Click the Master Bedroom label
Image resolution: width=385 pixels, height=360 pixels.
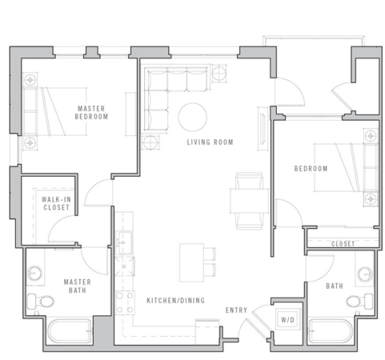click(x=91, y=113)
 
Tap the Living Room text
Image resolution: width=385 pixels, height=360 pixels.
click(x=210, y=142)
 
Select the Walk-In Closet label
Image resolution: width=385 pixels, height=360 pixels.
click(x=56, y=203)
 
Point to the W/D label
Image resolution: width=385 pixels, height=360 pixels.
click(x=288, y=319)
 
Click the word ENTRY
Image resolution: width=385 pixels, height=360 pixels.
click(x=236, y=310)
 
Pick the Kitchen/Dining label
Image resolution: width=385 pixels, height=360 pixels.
click(x=176, y=301)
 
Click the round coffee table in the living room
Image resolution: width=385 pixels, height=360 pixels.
click(x=192, y=117)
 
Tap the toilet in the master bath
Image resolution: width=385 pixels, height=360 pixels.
click(x=41, y=302)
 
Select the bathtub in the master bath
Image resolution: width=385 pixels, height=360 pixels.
click(x=70, y=331)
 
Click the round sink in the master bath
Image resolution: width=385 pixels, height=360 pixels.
click(x=34, y=273)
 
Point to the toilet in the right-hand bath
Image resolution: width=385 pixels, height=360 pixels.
click(x=359, y=302)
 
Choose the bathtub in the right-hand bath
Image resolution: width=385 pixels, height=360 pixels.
click(x=331, y=331)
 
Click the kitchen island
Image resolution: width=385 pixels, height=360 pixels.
click(x=191, y=262)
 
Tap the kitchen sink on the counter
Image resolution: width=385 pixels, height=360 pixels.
click(x=125, y=242)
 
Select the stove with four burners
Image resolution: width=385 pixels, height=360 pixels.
click(x=125, y=302)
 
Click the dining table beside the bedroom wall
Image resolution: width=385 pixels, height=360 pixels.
click(x=249, y=201)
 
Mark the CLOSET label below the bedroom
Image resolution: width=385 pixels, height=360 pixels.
click(x=343, y=244)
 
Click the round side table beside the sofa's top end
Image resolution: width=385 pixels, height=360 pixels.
click(x=219, y=73)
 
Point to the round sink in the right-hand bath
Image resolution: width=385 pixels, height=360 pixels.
click(x=365, y=274)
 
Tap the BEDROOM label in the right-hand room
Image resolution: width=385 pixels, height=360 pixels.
click(x=311, y=169)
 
